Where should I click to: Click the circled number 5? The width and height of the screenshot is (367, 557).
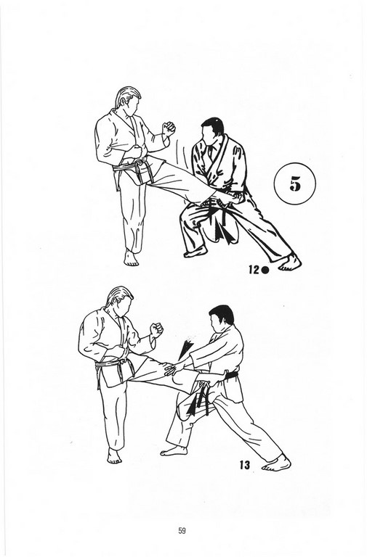(x=295, y=183)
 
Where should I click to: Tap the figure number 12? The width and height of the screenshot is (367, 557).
(x=254, y=270)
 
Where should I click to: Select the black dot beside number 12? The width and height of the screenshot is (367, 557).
(x=265, y=271)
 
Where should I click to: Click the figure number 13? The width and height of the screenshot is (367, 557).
(x=245, y=465)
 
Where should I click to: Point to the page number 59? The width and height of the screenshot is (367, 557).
(x=182, y=531)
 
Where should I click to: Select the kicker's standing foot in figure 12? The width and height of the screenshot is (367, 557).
(x=131, y=258)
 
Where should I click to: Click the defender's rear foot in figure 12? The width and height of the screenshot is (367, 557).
(x=290, y=263)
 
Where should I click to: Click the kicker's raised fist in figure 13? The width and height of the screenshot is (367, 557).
(x=156, y=330)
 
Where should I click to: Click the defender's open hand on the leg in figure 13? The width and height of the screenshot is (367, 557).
(x=174, y=368)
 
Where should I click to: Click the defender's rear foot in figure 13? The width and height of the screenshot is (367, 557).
(x=277, y=463)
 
